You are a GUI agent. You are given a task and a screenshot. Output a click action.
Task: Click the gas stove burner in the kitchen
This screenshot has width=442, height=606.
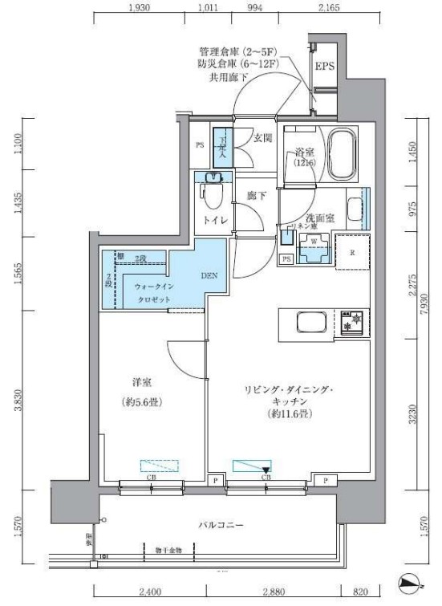(x=350, y=323)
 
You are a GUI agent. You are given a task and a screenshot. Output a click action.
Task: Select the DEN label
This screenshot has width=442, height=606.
(x=209, y=274)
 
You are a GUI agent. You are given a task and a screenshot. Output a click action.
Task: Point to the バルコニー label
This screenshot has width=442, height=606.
(x=221, y=525)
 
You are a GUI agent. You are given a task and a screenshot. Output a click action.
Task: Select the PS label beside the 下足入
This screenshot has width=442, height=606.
(x=200, y=145)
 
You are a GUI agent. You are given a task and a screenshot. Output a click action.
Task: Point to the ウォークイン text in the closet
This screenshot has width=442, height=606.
(x=147, y=285)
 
